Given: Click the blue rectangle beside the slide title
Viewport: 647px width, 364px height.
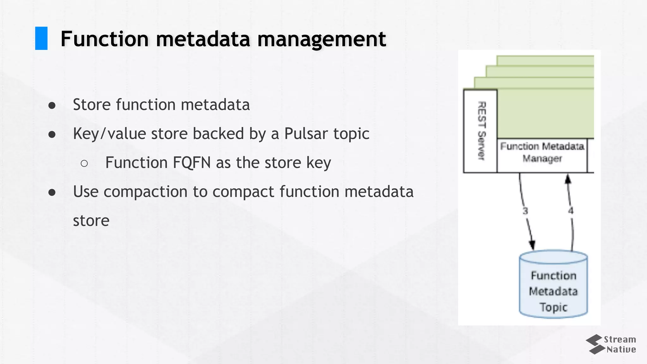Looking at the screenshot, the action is [41, 38].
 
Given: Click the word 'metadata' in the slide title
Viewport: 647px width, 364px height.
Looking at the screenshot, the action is [203, 39].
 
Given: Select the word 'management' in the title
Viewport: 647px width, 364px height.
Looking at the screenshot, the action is [322, 39].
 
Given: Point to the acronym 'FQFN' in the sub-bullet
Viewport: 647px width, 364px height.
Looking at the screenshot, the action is [191, 163].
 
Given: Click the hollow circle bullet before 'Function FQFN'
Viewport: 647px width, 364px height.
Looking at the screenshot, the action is [84, 163].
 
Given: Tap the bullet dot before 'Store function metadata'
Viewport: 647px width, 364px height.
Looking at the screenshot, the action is [52, 106].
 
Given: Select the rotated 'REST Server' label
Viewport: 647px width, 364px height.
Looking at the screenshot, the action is [481, 131].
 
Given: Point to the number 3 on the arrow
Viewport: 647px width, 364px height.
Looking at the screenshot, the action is [525, 211].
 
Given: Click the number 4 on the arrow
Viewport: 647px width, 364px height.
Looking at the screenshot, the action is [571, 211].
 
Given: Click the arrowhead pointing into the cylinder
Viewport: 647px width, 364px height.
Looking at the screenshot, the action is [532, 245].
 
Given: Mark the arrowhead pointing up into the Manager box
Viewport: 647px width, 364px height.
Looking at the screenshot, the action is [568, 179].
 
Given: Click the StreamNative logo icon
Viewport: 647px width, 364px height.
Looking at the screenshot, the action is [594, 344].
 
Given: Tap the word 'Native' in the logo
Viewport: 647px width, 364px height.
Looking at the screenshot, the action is [621, 349].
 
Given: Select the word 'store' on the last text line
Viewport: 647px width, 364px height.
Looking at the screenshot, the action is [91, 221].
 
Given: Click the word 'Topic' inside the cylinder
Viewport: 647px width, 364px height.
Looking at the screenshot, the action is [553, 307].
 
